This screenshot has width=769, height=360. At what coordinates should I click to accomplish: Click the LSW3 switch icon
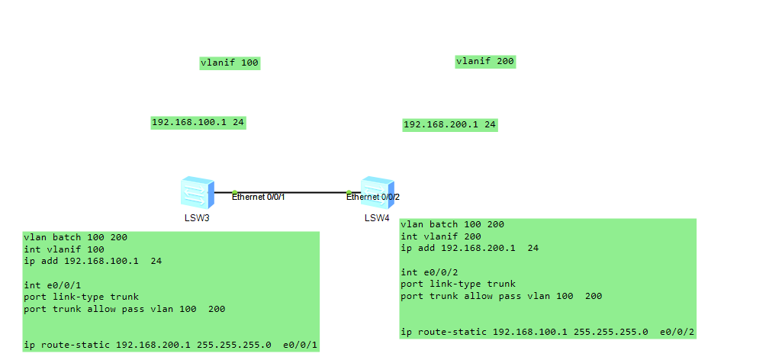[198, 192]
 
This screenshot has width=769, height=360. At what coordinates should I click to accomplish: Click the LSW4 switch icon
[377, 192]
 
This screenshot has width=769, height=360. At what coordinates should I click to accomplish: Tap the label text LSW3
[197, 218]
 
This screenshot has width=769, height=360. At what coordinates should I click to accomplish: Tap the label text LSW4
[376, 218]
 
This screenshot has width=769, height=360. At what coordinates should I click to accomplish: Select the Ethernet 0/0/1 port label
[259, 198]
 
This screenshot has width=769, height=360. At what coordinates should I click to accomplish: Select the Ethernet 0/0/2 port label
[373, 198]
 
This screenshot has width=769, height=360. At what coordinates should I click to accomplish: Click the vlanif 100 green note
[230, 63]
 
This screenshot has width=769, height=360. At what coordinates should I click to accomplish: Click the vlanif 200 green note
[485, 62]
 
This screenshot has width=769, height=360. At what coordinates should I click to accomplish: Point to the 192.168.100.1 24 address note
[198, 122]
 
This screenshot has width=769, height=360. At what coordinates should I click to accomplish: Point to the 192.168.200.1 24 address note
[450, 124]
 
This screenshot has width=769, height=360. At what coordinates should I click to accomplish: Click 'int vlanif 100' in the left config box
[63, 249]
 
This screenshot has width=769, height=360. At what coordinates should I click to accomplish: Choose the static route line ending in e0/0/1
[170, 346]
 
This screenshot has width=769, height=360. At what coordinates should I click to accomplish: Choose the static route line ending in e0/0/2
[547, 333]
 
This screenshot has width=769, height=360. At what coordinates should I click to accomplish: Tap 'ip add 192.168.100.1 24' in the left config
[92, 261]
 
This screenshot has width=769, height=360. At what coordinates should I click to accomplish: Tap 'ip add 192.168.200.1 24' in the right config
[469, 248]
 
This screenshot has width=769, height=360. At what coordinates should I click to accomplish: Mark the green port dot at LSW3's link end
[235, 192]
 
